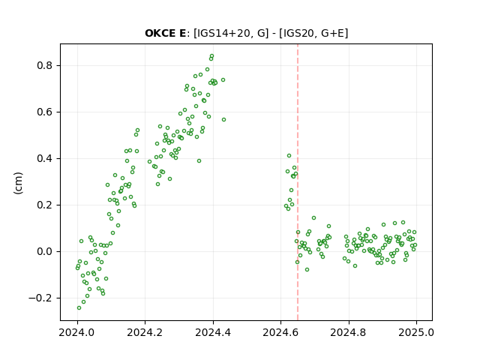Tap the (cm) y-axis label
coord(18,183)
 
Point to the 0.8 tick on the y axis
coord(45,65)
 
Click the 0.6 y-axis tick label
coord(45,112)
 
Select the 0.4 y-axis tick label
coord(45,158)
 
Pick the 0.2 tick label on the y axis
coord(45,205)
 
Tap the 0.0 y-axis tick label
coord(45,252)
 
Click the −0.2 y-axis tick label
coord(41,298)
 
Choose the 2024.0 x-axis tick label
coord(77,332)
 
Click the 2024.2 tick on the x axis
coord(145,332)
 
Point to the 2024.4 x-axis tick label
coord(213,332)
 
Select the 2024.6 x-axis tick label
coord(280,332)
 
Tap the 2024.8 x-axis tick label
coord(348,332)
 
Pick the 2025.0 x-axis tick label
coord(416,332)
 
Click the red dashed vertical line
coord(298,182)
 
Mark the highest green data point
coord(211,56)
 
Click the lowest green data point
coord(79,307)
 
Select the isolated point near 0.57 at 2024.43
coord(223,120)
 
